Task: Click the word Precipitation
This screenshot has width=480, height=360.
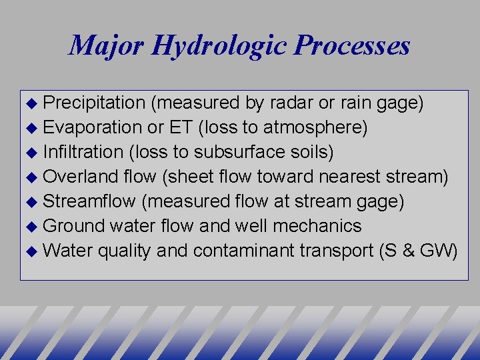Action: pyautogui.click(x=94, y=103)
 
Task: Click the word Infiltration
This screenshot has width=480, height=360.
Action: pyautogui.click(x=83, y=152)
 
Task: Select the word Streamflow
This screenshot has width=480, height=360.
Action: pyautogui.click(x=91, y=201)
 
